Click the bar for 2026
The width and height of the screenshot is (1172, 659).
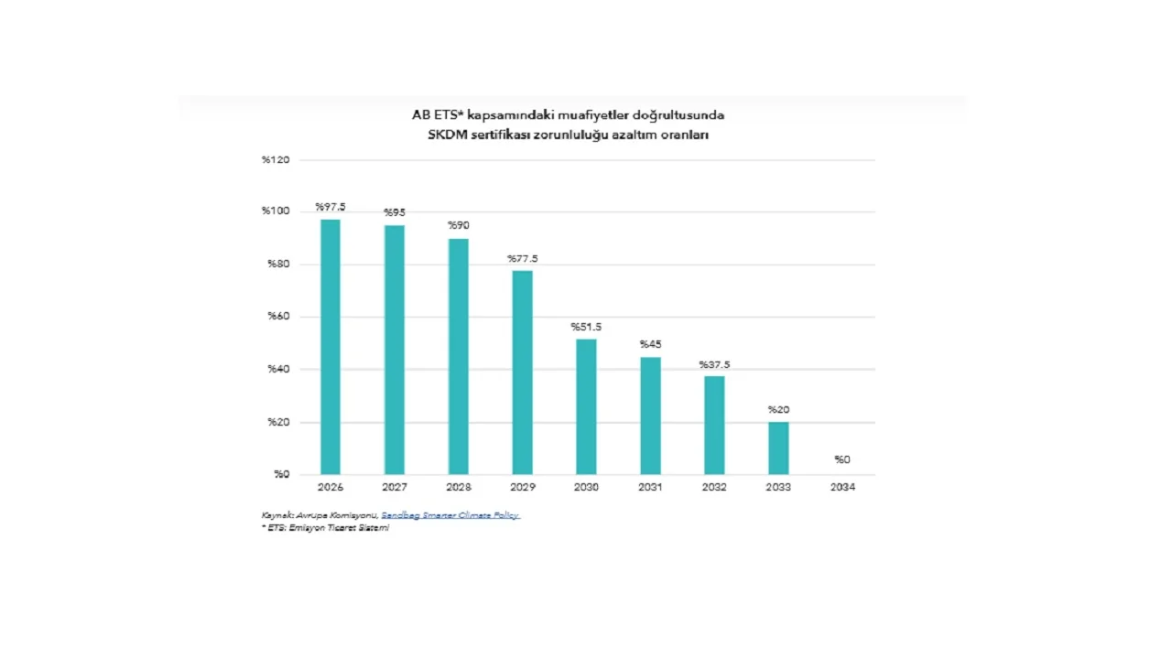[330, 347]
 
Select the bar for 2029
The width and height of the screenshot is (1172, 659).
[522, 373]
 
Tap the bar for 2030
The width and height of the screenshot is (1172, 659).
[586, 406]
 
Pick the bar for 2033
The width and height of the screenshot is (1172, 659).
[778, 448]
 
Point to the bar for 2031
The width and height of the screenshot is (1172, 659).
[650, 416]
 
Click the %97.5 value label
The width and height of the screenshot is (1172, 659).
[331, 207]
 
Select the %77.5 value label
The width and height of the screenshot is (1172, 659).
[523, 259]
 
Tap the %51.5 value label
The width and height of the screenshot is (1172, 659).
[586, 327]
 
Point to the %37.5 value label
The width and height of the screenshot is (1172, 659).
[714, 365]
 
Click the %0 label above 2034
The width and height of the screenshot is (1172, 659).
[842, 459]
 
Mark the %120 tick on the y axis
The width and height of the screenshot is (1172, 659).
[276, 160]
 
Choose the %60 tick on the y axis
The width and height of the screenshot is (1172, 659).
[278, 317]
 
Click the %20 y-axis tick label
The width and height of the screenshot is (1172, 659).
[278, 422]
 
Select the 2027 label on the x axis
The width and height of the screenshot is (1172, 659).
[395, 487]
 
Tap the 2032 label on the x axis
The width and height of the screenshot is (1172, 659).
[714, 487]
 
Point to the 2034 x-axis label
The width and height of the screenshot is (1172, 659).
[842, 487]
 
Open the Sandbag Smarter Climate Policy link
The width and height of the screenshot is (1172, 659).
[450, 515]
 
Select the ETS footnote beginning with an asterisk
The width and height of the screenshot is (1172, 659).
[325, 528]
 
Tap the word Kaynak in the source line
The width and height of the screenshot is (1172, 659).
[277, 515]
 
